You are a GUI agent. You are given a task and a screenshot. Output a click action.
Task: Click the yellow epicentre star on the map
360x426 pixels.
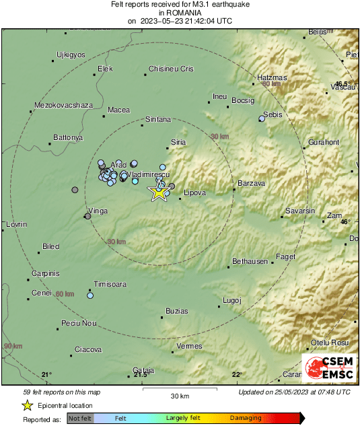click(159, 193)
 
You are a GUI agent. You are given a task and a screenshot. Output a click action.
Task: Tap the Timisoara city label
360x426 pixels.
click(109, 284)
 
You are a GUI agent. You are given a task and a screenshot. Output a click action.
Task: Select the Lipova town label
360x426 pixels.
click(194, 192)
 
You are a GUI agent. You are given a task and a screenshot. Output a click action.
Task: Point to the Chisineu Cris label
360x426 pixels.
click(171, 69)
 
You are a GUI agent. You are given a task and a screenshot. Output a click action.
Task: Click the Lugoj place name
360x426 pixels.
click(231, 300)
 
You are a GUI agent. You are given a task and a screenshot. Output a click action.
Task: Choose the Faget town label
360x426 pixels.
click(286, 257)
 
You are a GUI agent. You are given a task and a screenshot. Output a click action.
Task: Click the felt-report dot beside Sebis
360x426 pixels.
click(262, 119)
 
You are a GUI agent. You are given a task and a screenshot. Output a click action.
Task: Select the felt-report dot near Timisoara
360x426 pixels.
click(90, 295)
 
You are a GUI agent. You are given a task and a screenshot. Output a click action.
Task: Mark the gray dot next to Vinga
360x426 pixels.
click(87, 216)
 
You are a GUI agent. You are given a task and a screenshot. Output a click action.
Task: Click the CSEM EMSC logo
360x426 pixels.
click(330, 368)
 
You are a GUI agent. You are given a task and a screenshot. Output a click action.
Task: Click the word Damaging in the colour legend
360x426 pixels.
click(246, 418)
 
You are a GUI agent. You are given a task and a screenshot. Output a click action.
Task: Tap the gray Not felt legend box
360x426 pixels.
click(80, 419)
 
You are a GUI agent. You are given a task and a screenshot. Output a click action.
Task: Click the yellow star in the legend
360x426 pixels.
click(27, 405)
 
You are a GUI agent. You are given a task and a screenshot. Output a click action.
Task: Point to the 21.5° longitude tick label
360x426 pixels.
click(140, 375)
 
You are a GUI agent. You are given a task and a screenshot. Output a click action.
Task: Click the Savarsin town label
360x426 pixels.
click(300, 211)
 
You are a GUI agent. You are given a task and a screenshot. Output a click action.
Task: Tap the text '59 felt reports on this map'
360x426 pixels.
click(62, 392)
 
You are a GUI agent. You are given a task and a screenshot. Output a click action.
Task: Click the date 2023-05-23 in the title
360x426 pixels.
click(166, 21)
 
